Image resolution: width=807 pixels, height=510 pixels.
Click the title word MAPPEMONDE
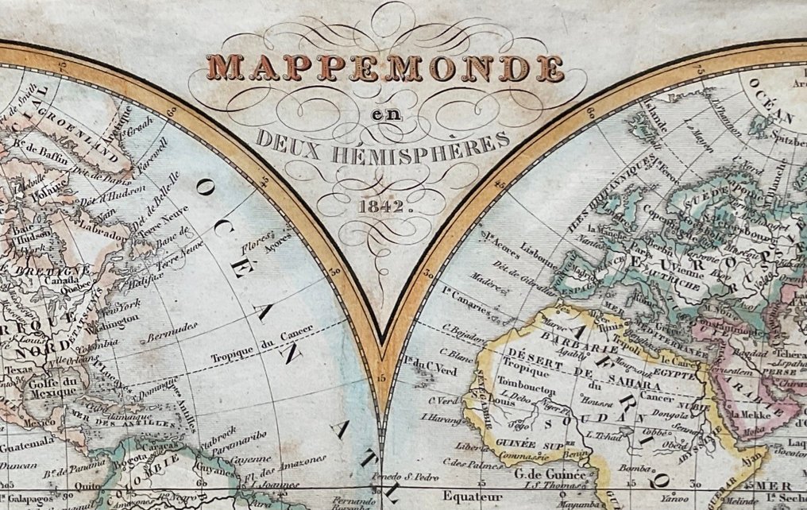(384, 68)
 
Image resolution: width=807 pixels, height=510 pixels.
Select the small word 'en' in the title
(384, 116)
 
